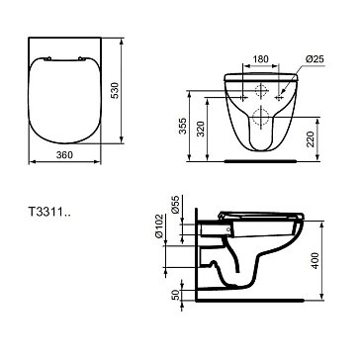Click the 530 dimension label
coord(114,91)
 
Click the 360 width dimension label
coord(64,155)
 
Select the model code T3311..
coord(48,212)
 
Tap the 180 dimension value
coord(260,59)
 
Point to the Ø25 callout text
coord(315,59)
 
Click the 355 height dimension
coord(184,126)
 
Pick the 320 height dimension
coord(201,130)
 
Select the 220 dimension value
coord(311,139)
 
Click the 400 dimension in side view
coord(315,260)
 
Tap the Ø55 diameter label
coord(176,205)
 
